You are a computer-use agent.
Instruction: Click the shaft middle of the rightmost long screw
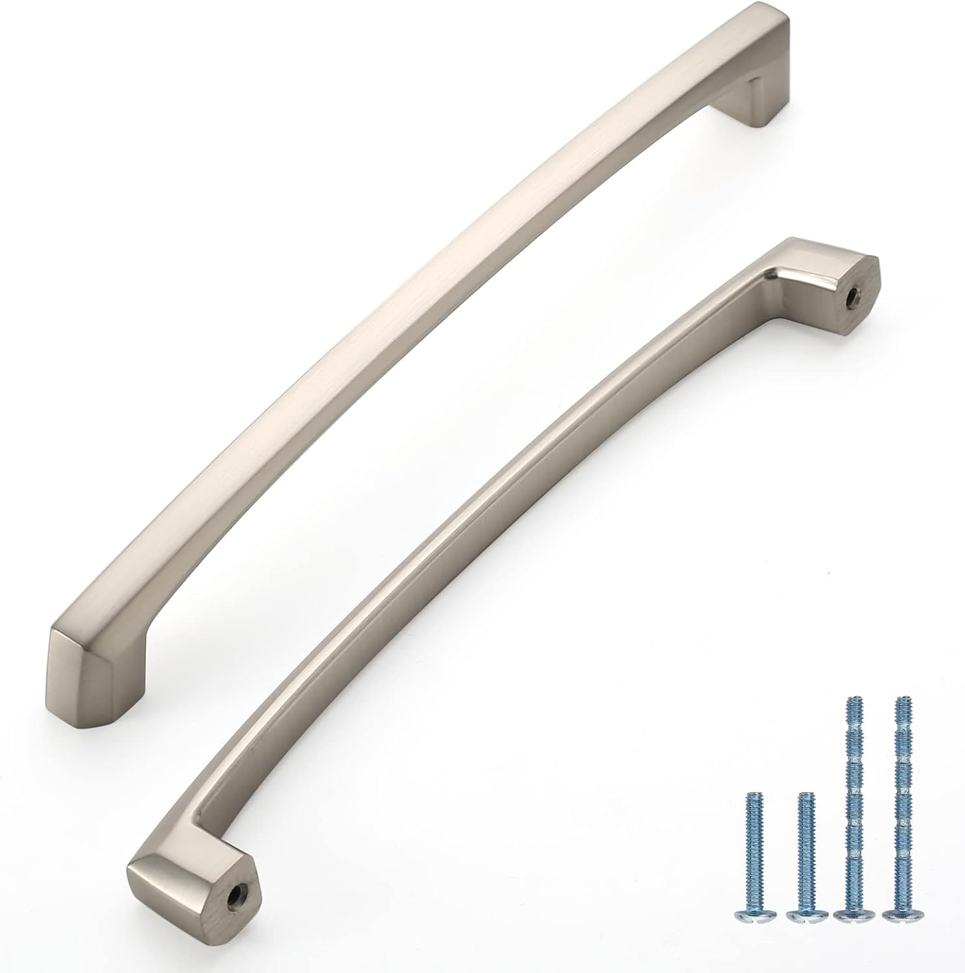tap(900, 804)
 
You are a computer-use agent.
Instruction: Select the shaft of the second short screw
tap(803, 850)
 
